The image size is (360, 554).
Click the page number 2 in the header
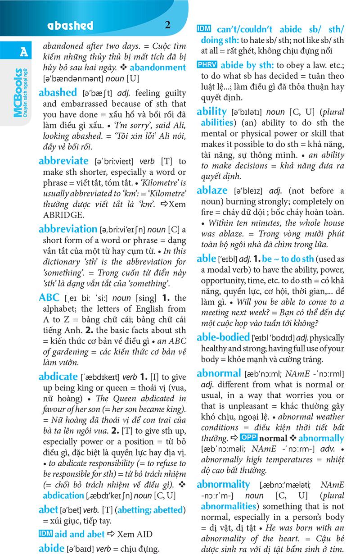click(x=168, y=25)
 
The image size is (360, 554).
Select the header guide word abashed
click(x=69, y=26)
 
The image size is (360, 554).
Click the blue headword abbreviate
click(x=63, y=161)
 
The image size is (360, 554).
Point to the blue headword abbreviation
click(x=68, y=229)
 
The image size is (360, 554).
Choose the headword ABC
click(x=49, y=297)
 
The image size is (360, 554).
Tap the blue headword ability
click(x=211, y=111)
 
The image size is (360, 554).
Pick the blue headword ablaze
click(x=212, y=190)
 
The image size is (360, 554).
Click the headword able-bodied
click(x=223, y=337)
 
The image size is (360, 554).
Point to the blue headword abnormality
click(x=223, y=485)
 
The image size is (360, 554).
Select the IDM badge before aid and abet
click(x=46, y=534)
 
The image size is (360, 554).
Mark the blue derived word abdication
click(x=63, y=495)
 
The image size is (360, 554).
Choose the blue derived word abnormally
click(x=321, y=438)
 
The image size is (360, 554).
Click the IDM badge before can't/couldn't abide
click(x=206, y=29)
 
